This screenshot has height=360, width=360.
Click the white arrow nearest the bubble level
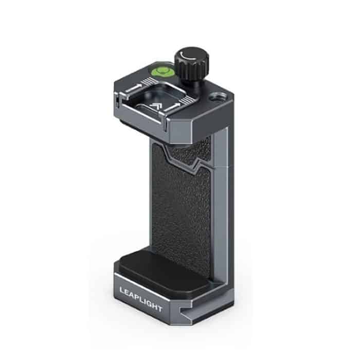[135, 88]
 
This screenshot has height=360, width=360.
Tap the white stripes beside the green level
[150, 81]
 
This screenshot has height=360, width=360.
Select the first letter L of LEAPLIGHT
[122, 289]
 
